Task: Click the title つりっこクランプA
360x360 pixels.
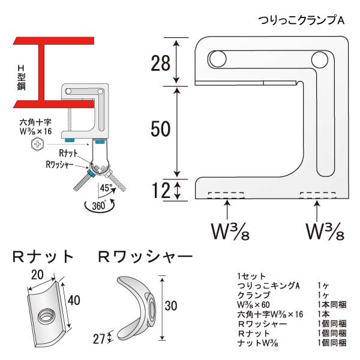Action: click(x=301, y=20)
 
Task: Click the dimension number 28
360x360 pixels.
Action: click(x=160, y=62)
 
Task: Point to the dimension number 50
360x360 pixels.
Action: click(x=161, y=129)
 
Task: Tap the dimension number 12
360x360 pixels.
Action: click(x=160, y=191)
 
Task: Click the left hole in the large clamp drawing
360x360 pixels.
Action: click(x=216, y=59)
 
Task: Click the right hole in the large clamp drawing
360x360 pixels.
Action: click(x=320, y=59)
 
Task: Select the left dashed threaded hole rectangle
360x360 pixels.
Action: click(x=226, y=194)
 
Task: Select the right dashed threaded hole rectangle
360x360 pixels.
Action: click(x=318, y=194)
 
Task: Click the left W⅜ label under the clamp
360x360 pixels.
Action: click(x=227, y=230)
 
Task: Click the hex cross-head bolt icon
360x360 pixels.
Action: click(x=37, y=144)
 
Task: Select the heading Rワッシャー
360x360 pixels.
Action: click(x=145, y=257)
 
